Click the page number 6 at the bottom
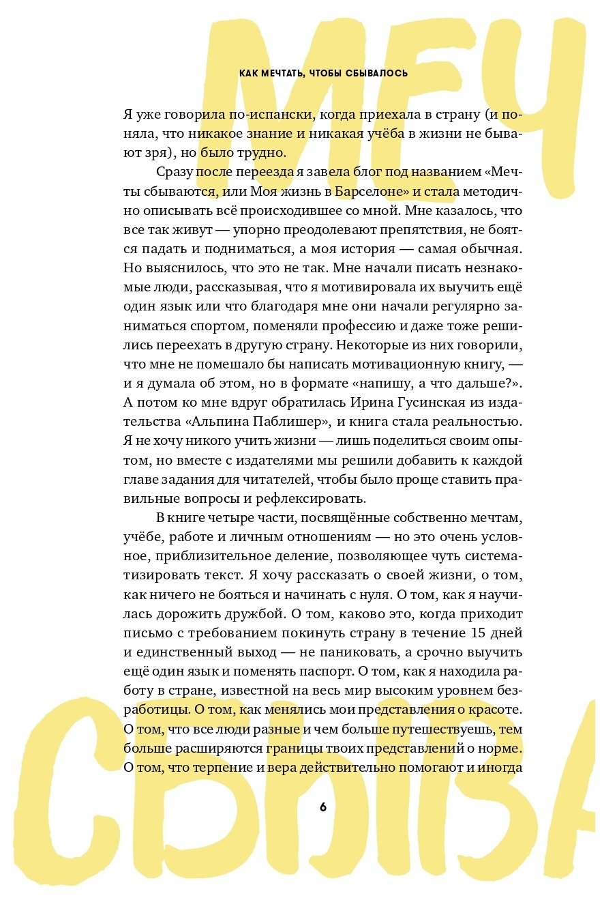(x=323, y=807)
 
